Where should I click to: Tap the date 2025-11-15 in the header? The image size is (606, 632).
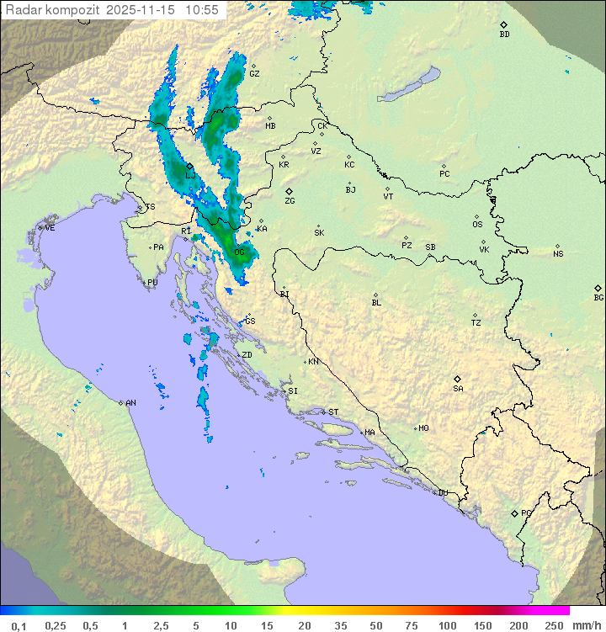(143, 10)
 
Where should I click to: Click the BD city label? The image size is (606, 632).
(504, 35)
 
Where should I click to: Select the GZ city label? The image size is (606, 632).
(254, 73)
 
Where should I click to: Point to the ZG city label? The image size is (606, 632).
(290, 201)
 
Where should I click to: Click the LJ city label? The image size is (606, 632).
(190, 175)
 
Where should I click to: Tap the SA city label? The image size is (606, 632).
(458, 388)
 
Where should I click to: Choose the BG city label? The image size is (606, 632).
(598, 297)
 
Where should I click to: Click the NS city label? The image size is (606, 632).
(558, 254)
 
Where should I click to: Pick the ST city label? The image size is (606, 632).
(333, 412)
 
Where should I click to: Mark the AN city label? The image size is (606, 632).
(130, 403)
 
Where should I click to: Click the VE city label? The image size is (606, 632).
(50, 228)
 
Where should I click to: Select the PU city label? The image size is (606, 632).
(152, 283)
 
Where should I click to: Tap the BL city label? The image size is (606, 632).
(376, 302)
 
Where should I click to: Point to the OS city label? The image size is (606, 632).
(477, 225)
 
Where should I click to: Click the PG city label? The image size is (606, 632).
(526, 513)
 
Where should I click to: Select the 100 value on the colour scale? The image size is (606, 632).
(448, 625)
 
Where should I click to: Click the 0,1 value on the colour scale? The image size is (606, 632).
(19, 625)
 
